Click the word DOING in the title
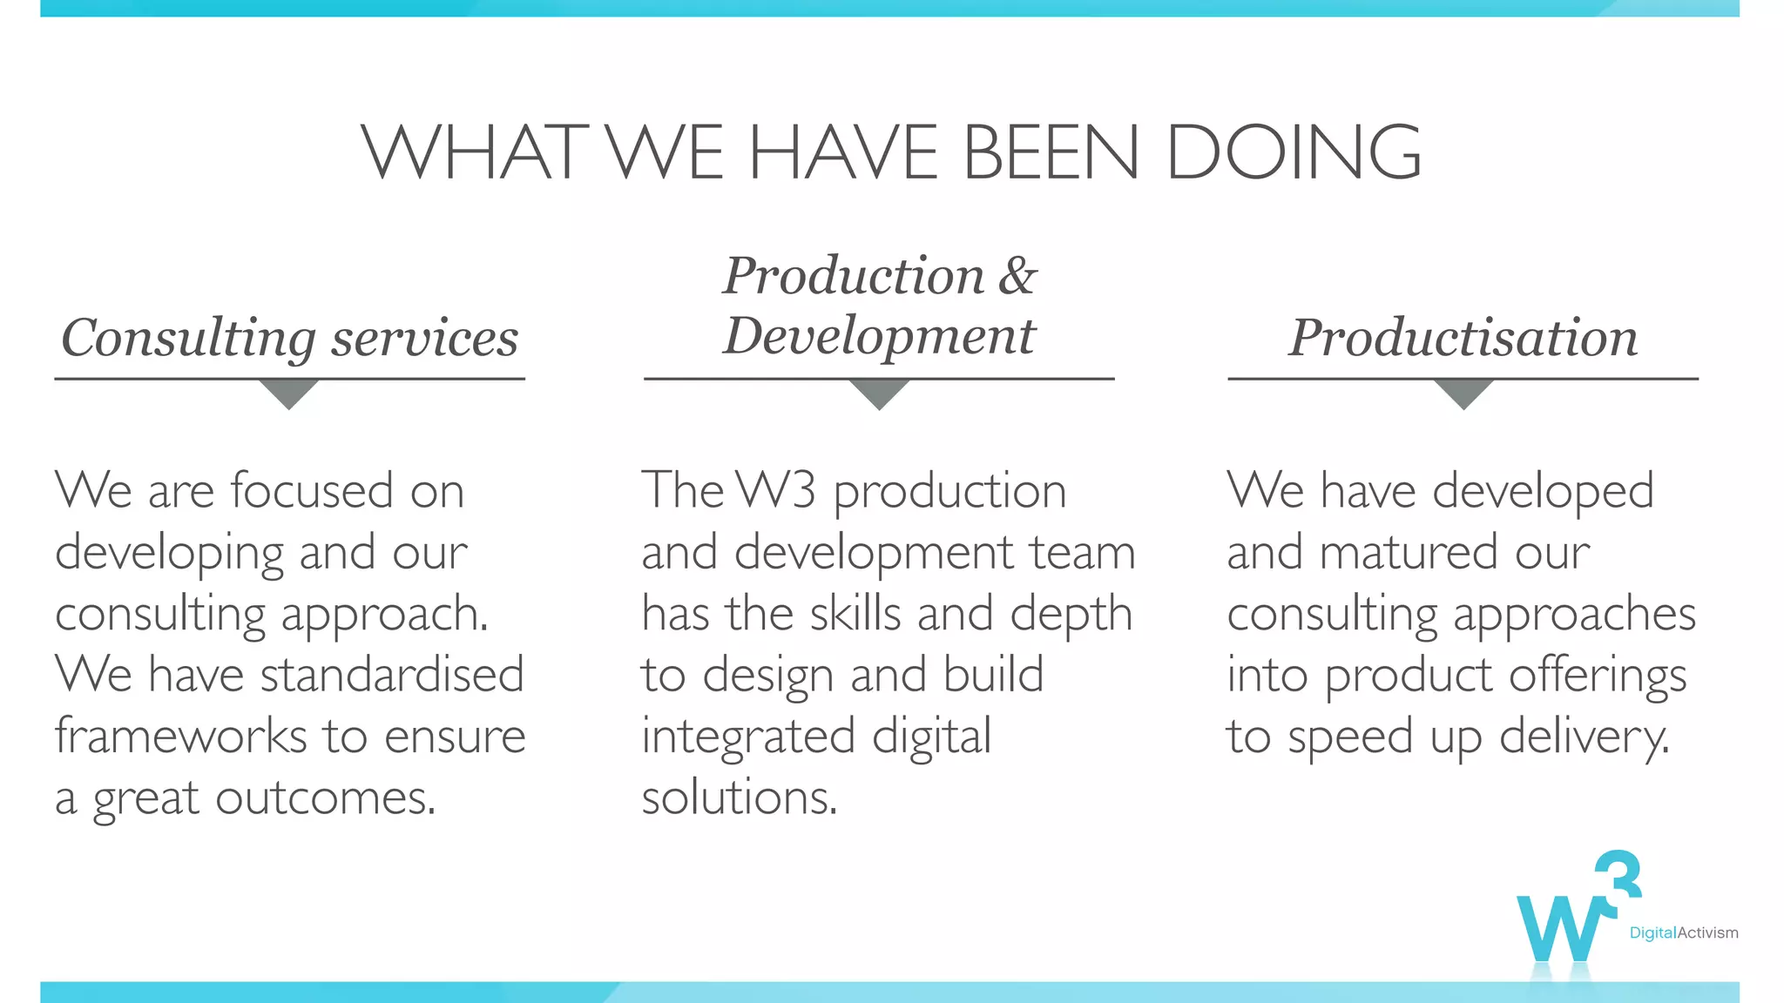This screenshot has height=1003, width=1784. click(x=1293, y=151)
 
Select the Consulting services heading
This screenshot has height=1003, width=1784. click(x=289, y=338)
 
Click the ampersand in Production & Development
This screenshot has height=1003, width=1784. click(x=1017, y=276)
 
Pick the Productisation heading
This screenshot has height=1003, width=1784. click(x=1463, y=338)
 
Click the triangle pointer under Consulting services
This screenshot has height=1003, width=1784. click(x=289, y=393)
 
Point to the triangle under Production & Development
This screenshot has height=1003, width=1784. click(x=880, y=393)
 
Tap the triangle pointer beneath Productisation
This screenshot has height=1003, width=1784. click(x=1463, y=393)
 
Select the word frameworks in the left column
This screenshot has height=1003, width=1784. click(x=181, y=736)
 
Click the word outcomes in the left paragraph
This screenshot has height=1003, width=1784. click(x=324, y=798)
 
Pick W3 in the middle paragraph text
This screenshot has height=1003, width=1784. click(x=775, y=490)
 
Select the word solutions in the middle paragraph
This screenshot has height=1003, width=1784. click(x=739, y=798)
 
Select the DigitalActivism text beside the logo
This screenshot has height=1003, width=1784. click(x=1683, y=933)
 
